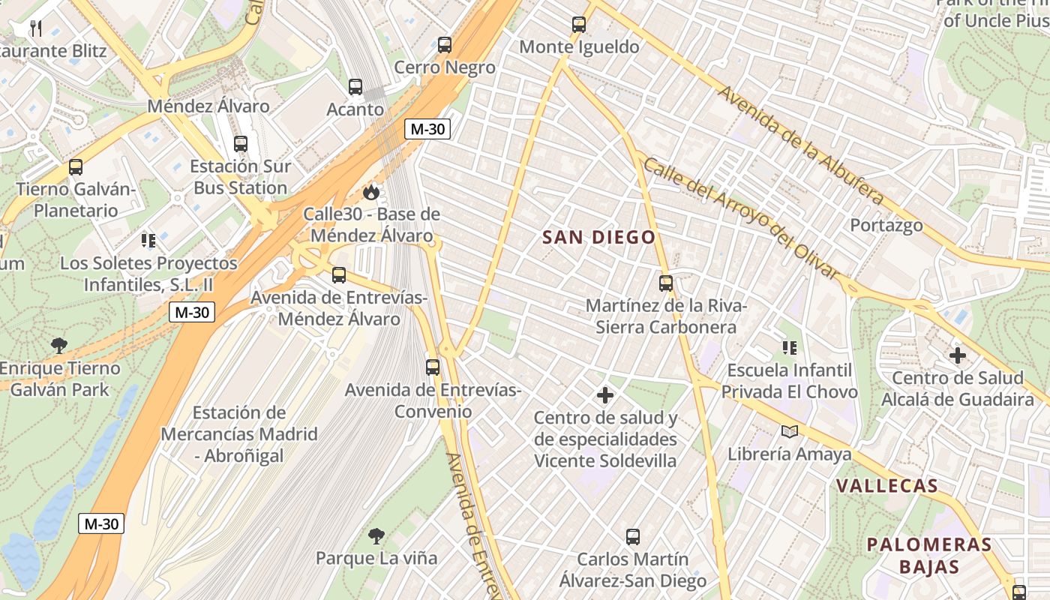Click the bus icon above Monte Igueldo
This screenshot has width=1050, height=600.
(x=578, y=24)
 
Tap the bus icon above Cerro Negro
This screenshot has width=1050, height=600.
(x=445, y=44)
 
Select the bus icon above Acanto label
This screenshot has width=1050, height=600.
(x=355, y=87)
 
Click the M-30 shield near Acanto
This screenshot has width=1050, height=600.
(x=427, y=129)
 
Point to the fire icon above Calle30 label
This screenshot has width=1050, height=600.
(x=370, y=193)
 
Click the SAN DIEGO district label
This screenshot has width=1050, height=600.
(x=598, y=238)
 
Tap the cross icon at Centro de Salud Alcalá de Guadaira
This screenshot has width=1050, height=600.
(x=957, y=355)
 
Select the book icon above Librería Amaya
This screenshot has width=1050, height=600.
(x=789, y=431)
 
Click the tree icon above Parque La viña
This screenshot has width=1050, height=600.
(x=376, y=535)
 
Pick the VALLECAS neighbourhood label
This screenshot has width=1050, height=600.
(x=887, y=486)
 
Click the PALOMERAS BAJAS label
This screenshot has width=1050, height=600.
(x=929, y=555)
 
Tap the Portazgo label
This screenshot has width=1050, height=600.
(x=886, y=225)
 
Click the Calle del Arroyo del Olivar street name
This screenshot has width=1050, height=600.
(x=740, y=218)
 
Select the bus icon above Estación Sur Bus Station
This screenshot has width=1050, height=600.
(x=240, y=143)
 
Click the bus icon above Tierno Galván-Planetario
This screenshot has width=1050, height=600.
(x=76, y=166)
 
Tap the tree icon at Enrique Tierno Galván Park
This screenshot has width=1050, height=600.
(x=58, y=346)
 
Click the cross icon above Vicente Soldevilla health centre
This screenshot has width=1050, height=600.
(x=605, y=394)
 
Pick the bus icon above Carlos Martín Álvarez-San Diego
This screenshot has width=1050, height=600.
(x=632, y=537)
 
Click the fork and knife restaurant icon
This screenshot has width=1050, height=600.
(x=35, y=28)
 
